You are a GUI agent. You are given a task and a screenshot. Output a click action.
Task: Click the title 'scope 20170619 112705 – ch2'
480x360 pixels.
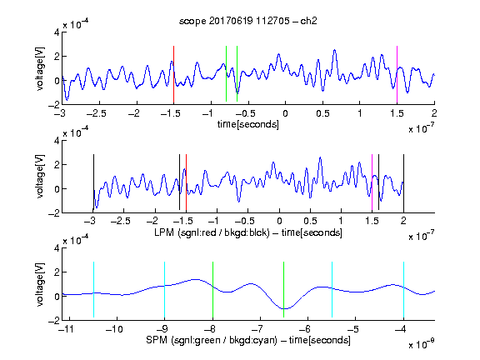pos(248,21)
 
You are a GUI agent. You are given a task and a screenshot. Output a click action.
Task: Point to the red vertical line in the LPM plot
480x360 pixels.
pos(186,183)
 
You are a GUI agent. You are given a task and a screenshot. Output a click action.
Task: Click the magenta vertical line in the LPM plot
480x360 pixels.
pos(372,183)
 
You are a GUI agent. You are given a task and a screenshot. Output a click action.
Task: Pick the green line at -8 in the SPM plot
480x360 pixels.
pos(212,290)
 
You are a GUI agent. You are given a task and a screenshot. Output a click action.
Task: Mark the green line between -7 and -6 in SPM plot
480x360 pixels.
pos(284,290)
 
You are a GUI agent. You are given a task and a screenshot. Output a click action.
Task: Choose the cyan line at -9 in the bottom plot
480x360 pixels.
pos(164,290)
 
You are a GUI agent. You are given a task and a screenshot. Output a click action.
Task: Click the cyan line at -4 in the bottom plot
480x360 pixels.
pos(403,290)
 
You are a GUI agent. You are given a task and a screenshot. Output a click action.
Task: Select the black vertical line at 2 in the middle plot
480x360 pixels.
pos(403,183)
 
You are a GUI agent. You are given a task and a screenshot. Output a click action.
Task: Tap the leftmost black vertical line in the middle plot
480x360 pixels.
pos(93,183)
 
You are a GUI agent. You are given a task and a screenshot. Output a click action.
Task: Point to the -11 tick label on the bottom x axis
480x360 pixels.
pos(66,329)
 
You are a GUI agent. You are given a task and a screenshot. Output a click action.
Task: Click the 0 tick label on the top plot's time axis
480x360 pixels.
pos(285,113)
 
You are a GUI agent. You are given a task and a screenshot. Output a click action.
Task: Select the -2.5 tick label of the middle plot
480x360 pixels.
pos(121,221)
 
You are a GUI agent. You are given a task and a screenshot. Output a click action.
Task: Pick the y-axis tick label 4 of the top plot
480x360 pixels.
pos(57,32)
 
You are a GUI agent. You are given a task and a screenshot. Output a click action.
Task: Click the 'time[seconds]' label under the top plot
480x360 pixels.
pos(248,124)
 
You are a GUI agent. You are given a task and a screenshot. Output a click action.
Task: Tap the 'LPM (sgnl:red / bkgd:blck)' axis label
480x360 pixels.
pos(212,232)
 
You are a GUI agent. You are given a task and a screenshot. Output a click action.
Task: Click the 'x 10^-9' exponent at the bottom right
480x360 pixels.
pos(422,344)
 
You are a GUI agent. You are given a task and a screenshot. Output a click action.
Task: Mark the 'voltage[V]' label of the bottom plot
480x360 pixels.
pos(40,285)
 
